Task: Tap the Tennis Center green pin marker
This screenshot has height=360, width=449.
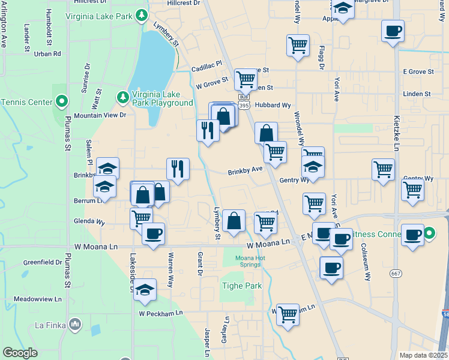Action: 61,102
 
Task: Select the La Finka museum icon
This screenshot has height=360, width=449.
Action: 75,325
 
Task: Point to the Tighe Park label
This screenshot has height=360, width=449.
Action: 242,286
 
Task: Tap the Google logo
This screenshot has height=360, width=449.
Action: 20,353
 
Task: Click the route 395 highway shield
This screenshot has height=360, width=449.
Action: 243,106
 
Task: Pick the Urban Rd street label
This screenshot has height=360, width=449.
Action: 48,53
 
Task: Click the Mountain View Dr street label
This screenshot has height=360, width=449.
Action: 100,115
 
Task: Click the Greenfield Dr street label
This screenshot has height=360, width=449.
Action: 43,262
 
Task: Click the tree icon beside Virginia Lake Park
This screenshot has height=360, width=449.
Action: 142,14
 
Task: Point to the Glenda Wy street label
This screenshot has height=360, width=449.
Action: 89,222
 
